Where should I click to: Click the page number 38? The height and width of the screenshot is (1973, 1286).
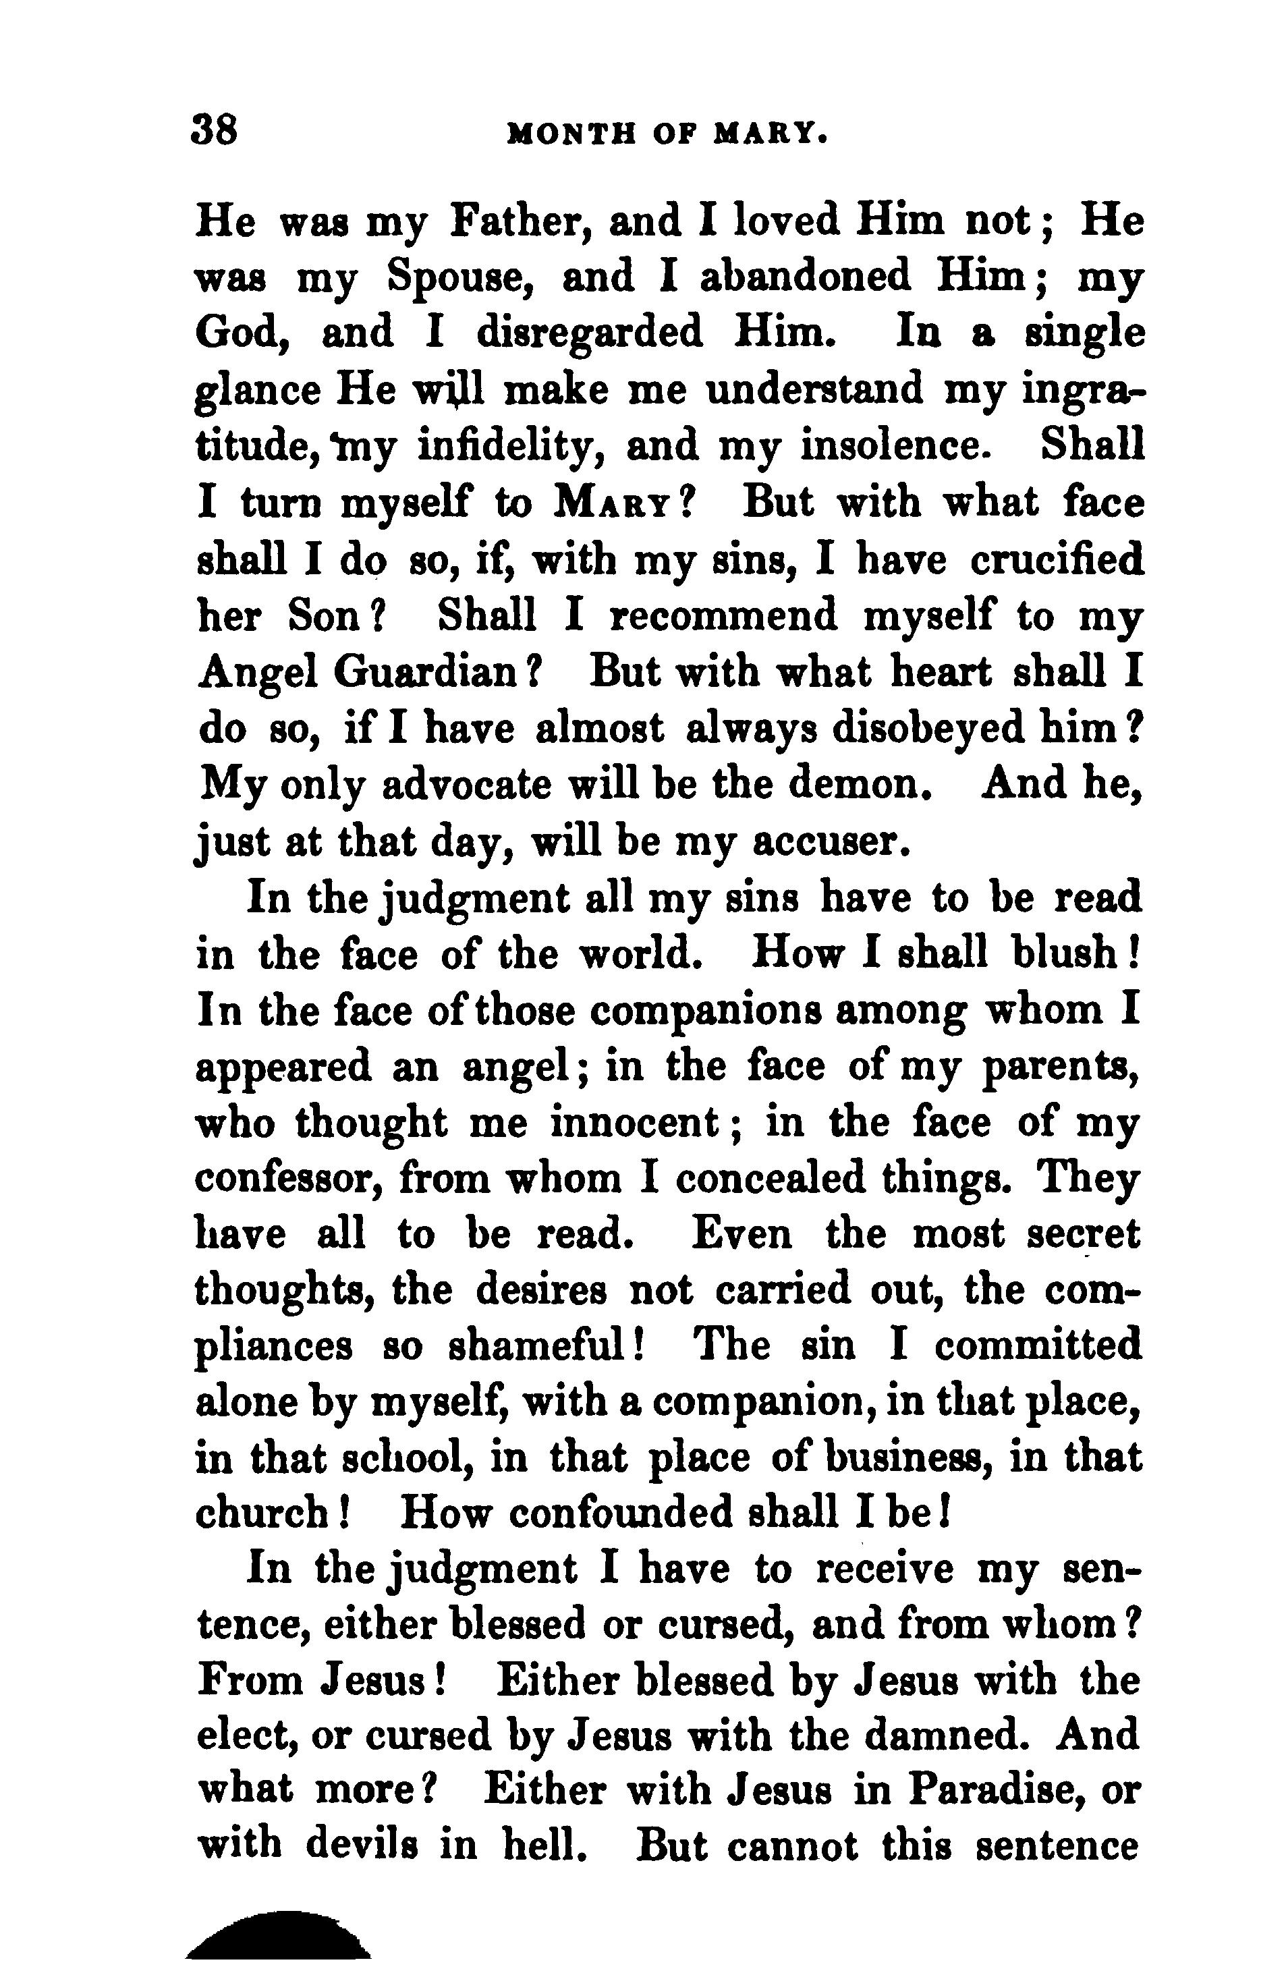click(215, 131)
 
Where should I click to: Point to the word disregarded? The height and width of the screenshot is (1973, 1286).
click(590, 333)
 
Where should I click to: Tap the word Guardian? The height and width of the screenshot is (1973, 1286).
click(426, 672)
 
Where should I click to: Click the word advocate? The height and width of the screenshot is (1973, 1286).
click(467, 784)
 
